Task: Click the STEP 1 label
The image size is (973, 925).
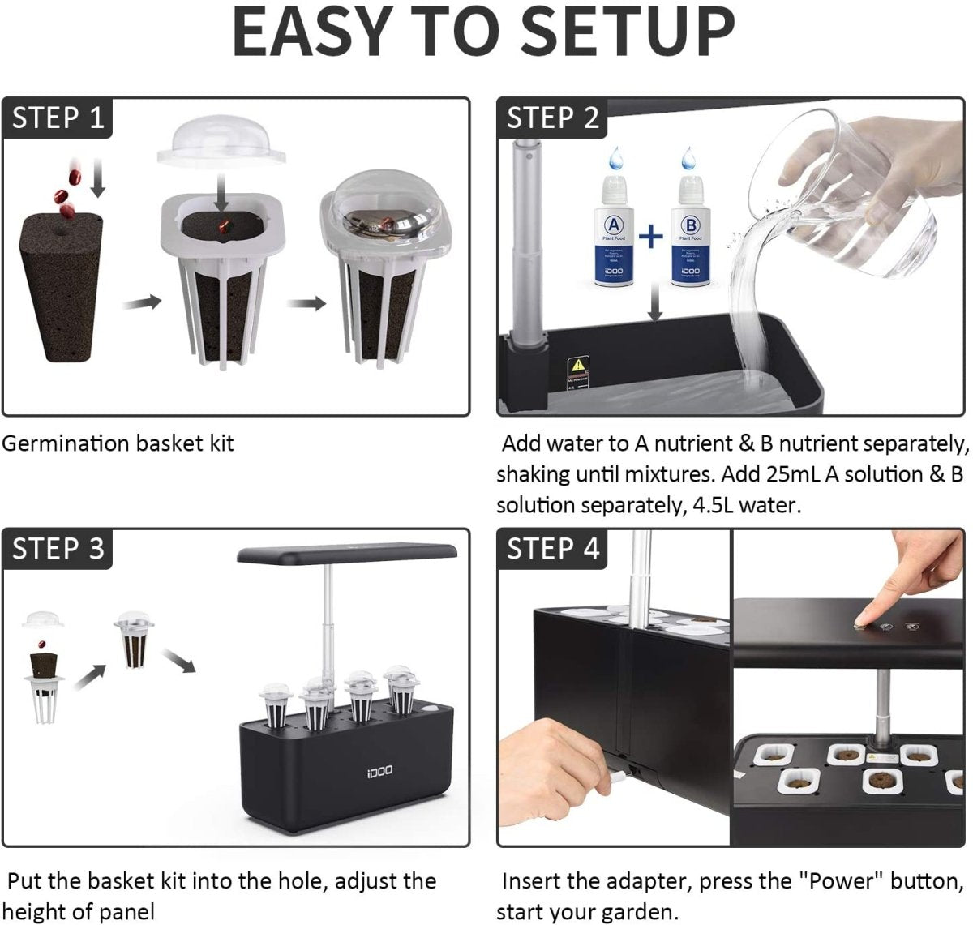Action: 58,118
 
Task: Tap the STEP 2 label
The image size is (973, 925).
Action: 553,118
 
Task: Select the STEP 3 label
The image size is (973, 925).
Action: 58,549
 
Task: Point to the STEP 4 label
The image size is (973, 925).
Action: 553,549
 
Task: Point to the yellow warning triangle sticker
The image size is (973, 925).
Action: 577,365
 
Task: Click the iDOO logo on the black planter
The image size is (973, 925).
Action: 379,768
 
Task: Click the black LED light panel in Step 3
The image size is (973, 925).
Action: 346,553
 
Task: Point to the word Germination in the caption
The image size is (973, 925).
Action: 66,443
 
